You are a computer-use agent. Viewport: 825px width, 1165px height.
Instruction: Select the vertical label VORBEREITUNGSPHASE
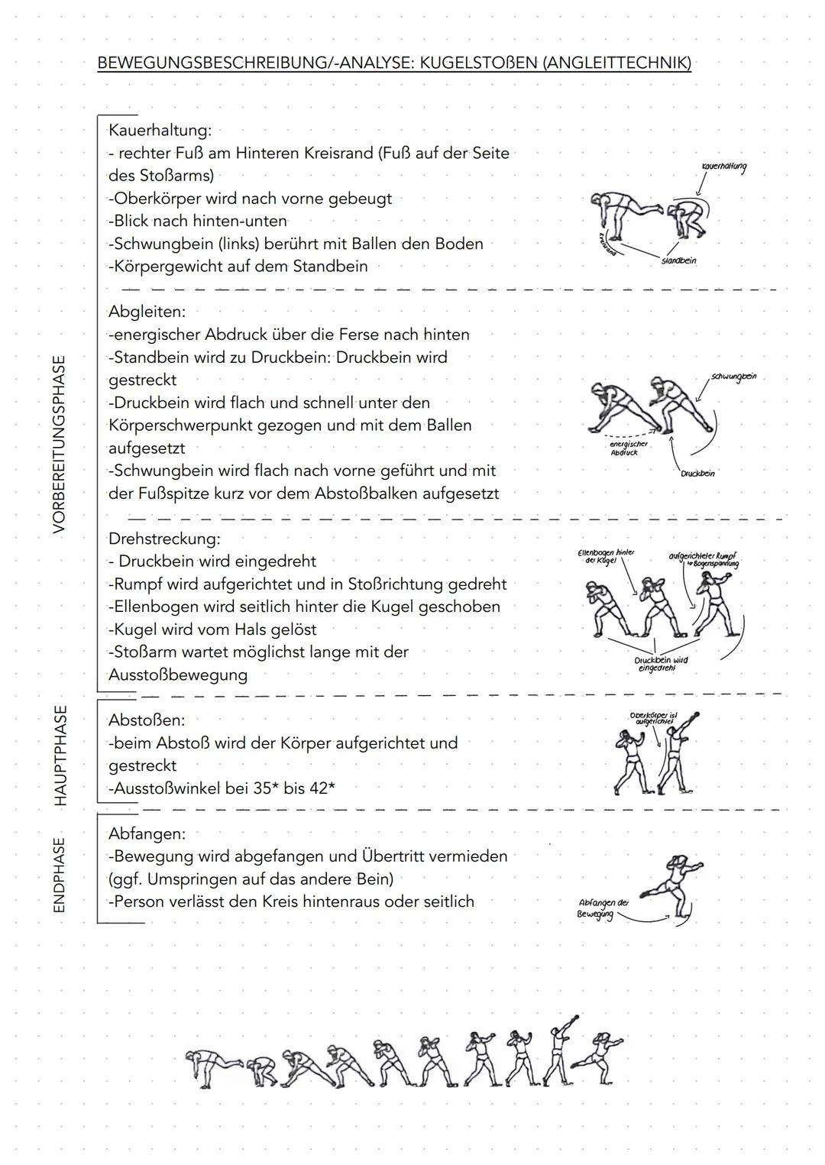click(59, 444)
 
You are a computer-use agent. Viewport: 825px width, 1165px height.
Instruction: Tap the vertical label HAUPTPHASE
click(60, 755)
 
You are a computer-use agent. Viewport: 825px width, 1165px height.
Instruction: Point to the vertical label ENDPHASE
click(60, 875)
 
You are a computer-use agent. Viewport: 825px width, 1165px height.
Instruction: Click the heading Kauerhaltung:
click(160, 131)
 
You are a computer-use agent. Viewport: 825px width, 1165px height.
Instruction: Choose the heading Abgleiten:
click(147, 312)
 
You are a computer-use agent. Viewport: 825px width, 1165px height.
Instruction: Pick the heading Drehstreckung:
click(163, 539)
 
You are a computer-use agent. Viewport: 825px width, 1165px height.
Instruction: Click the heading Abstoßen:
click(147, 720)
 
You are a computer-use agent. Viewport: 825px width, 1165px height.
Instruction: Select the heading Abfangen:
click(147, 833)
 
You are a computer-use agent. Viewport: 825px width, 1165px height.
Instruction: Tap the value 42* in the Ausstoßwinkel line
click(320, 788)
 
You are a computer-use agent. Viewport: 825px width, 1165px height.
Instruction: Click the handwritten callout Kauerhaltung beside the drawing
click(723, 167)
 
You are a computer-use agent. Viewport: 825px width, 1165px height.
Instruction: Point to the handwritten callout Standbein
click(678, 261)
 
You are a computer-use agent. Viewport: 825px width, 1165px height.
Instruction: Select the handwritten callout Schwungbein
click(733, 377)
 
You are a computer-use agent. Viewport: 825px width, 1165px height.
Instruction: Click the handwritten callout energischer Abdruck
click(628, 448)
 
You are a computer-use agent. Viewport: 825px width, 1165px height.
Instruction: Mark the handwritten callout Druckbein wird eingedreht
click(661, 664)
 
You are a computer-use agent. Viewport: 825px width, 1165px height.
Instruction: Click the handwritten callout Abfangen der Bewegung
click(603, 909)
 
